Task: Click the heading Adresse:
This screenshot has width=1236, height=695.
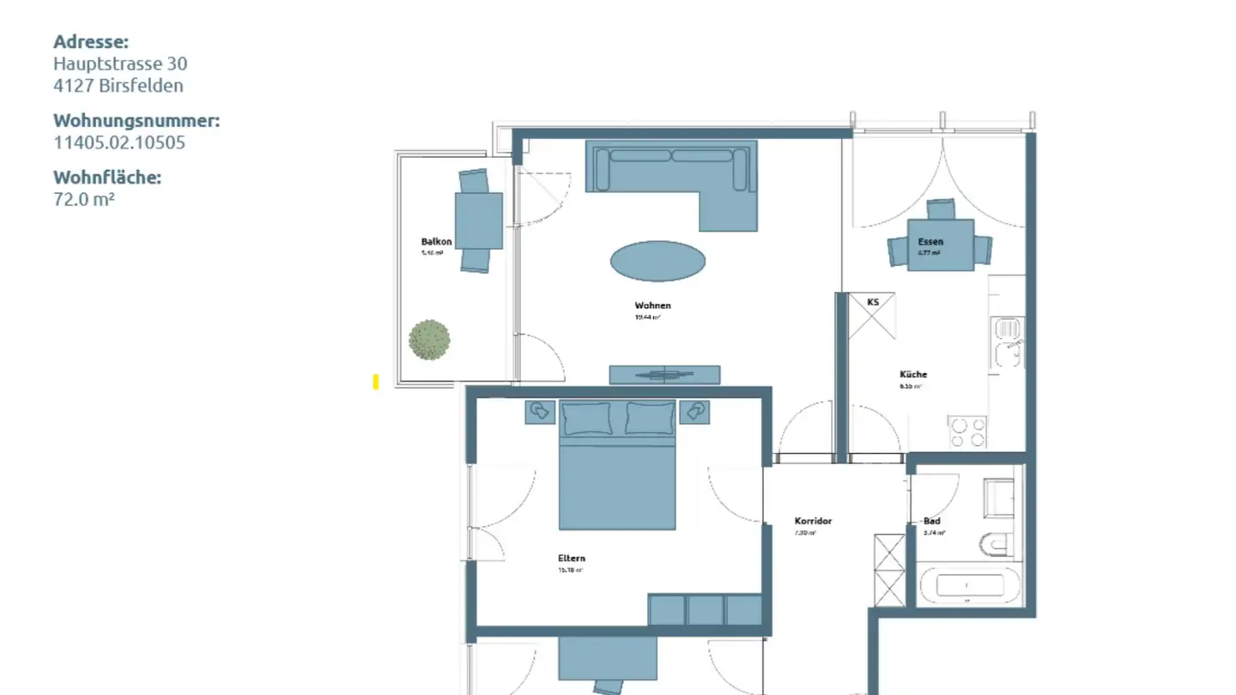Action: point(91,42)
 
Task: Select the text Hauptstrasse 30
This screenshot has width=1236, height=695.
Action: point(120,63)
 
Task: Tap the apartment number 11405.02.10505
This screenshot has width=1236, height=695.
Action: point(119,142)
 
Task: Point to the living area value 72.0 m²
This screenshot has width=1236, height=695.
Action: point(84,199)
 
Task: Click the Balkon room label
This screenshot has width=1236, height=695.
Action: point(436,242)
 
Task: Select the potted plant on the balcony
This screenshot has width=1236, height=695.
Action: point(429,340)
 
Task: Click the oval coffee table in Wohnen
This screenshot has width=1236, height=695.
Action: point(657,261)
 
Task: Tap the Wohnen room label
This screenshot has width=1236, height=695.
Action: point(652,305)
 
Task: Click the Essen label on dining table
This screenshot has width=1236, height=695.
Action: point(930,242)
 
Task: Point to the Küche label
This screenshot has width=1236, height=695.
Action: point(913,374)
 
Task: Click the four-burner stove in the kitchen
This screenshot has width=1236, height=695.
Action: point(968,431)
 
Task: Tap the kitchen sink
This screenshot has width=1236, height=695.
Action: point(1007,341)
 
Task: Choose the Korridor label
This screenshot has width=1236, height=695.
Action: point(813,521)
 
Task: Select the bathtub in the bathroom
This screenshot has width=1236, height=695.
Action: point(970,586)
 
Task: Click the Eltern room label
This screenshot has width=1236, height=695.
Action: point(572,559)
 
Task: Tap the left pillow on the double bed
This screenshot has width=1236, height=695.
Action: point(587,418)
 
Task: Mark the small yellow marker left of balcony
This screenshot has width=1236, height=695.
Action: point(376,382)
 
